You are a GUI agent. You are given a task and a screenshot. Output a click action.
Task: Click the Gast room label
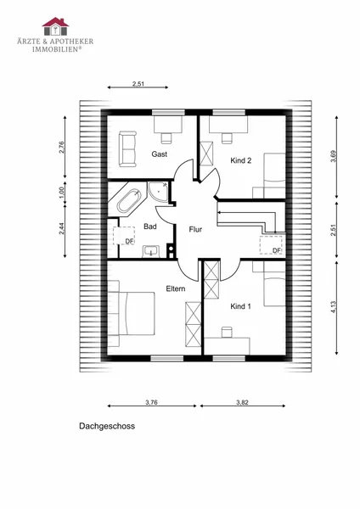coord(160,154)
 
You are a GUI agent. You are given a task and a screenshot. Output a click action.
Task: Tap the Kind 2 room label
coord(241,160)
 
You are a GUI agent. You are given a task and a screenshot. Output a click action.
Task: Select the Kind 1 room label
coord(240,306)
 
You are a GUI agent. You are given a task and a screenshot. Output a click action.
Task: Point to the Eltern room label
coord(176,288)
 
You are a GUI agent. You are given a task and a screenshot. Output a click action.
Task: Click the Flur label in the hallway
coord(195,230)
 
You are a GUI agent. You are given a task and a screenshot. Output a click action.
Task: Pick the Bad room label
coord(150,227)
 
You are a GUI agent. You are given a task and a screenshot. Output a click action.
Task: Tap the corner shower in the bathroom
coord(158,193)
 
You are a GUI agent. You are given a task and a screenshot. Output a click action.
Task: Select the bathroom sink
coord(151,252)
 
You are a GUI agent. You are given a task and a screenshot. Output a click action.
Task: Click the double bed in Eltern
coord(134,313)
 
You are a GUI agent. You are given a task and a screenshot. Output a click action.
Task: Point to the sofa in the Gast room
coord(127,149)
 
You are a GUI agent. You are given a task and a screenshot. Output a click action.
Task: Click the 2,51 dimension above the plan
coord(138,84)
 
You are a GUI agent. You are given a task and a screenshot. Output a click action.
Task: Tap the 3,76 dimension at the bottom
coord(151,402)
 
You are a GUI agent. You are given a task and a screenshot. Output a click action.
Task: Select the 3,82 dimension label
coord(242,402)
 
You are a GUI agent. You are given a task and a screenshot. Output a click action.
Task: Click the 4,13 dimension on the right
coord(335,307)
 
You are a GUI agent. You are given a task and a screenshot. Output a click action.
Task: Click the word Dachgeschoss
coord(107,426)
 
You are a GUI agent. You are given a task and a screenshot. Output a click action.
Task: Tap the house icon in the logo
coord(55,26)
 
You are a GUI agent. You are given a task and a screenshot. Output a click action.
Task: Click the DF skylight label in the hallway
coord(276,250)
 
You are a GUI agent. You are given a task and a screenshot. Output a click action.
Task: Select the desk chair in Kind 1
coord(227,333)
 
